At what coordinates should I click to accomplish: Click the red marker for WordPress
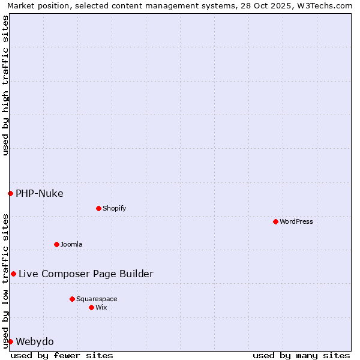tap(275, 221)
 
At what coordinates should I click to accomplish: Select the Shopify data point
tap(98, 208)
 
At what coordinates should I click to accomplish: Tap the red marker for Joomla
tap(56, 244)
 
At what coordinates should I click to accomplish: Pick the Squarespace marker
tap(72, 299)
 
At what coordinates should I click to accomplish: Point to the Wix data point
tap(91, 307)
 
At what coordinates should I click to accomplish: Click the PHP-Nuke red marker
tap(10, 193)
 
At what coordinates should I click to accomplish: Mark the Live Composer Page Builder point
tap(13, 274)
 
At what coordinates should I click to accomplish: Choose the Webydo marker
tap(10, 341)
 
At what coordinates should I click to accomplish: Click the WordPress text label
tap(296, 221)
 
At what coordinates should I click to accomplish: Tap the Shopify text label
tap(115, 208)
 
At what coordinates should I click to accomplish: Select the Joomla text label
tap(71, 244)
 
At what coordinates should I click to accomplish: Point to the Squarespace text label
tap(97, 299)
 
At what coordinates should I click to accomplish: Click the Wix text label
tap(101, 307)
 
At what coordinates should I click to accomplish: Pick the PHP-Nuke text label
tap(40, 193)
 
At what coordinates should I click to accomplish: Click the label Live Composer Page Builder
tap(86, 274)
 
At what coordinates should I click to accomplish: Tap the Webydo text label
tap(35, 341)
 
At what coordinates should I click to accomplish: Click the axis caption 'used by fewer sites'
tap(62, 355)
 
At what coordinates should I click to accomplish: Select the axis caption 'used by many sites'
tap(301, 355)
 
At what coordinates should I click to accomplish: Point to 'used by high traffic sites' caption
tap(5, 85)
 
